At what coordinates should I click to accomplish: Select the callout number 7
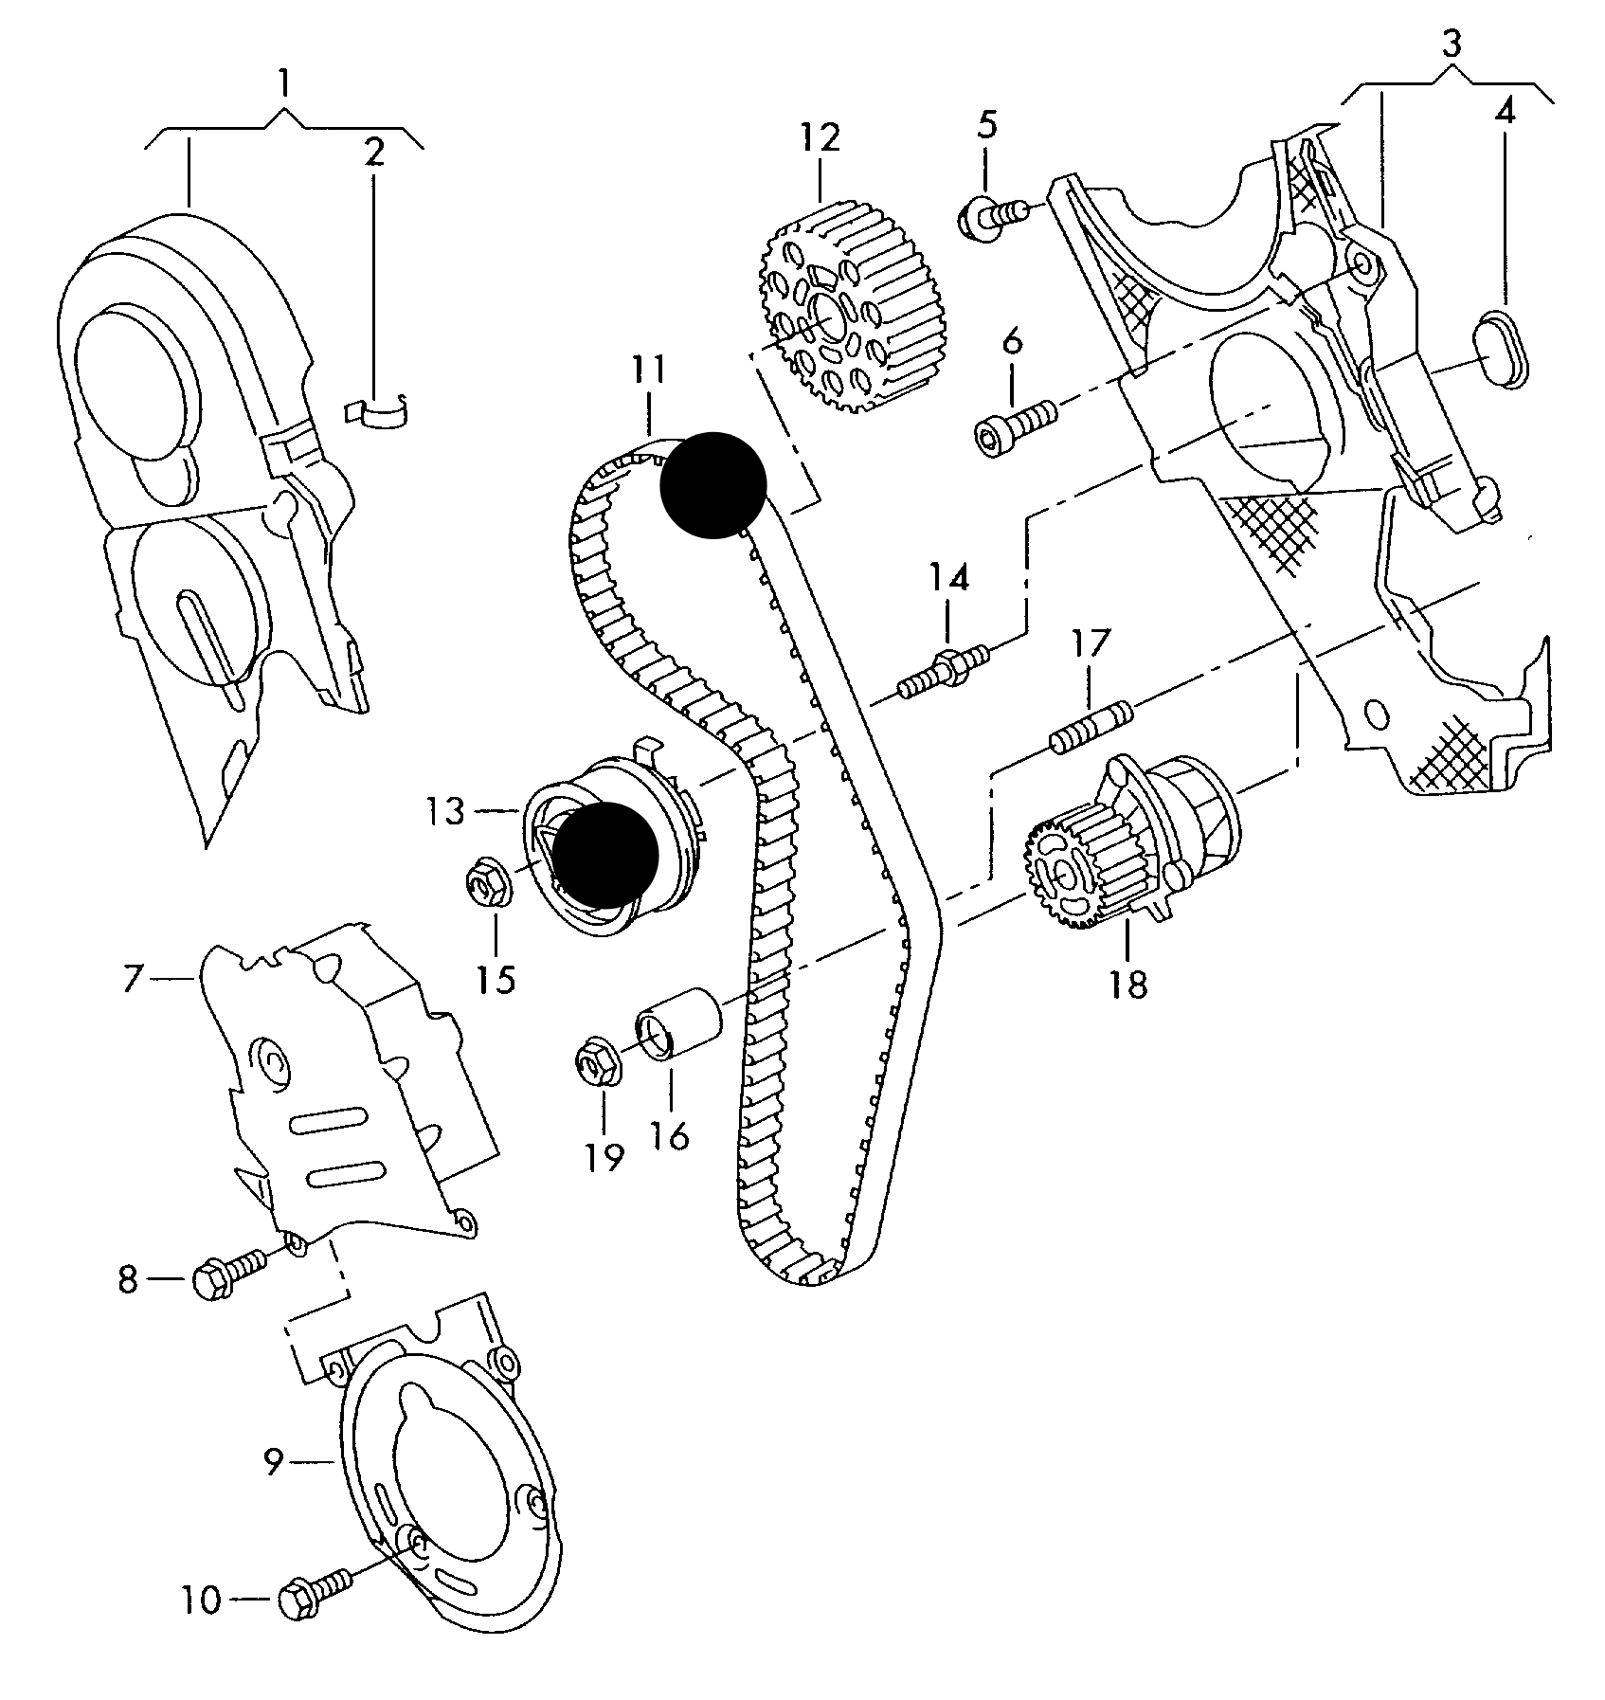pos(133,979)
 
